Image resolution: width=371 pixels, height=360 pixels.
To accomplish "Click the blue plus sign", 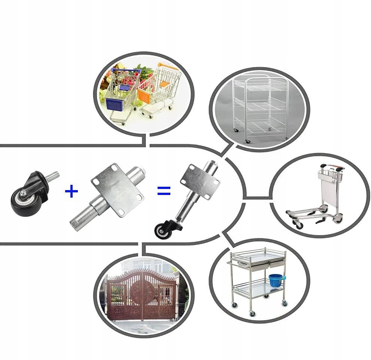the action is (72, 191).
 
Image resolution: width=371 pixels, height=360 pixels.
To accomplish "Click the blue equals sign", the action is (164, 191).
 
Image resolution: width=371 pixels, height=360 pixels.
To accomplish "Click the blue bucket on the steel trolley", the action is (276, 280).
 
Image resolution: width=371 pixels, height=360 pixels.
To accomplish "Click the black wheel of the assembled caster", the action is (164, 231).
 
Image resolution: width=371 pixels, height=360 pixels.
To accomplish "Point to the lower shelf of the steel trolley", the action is (258, 290).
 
